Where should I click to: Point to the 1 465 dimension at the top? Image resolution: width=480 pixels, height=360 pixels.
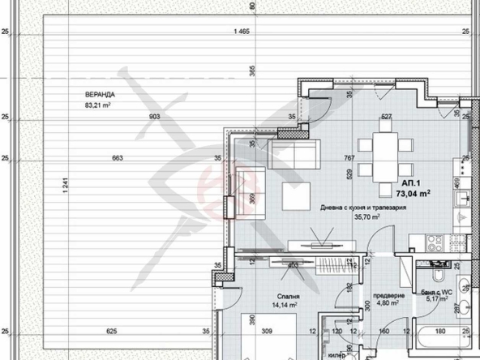click(239, 32)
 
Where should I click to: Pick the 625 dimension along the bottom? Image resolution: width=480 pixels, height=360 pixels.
click(111, 332)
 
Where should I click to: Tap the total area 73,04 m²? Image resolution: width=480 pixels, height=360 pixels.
click(413, 194)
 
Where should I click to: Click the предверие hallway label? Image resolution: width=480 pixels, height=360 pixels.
click(388, 296)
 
